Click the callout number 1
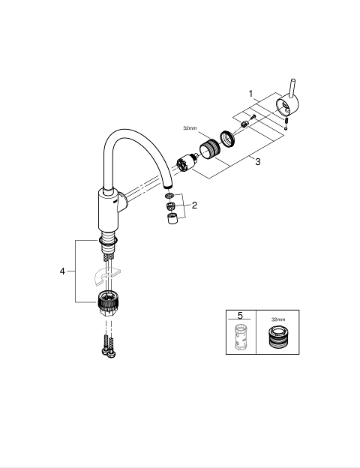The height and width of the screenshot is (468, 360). [x=250, y=94]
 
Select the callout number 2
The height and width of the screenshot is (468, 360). [x=195, y=205]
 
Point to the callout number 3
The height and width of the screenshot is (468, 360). [x=257, y=162]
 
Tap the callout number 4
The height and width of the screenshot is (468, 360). [x=62, y=271]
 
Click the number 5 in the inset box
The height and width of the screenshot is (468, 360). [x=240, y=315]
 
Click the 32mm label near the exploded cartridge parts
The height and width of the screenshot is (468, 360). [x=190, y=128]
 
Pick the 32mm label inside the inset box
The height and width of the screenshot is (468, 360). [x=278, y=319]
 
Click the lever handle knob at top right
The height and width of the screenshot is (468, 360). [x=289, y=102]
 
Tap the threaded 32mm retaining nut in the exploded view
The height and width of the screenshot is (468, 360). [x=210, y=149]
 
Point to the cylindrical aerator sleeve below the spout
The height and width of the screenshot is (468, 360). [x=172, y=218]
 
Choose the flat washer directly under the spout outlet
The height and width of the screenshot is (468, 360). [x=169, y=196]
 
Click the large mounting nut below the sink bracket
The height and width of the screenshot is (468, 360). [x=108, y=301]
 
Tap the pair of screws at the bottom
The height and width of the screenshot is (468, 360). [x=108, y=346]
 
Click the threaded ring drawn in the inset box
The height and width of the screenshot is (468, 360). [x=277, y=337]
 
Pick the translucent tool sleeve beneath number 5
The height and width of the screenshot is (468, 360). [x=241, y=336]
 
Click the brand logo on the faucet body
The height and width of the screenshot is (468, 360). [x=115, y=202]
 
